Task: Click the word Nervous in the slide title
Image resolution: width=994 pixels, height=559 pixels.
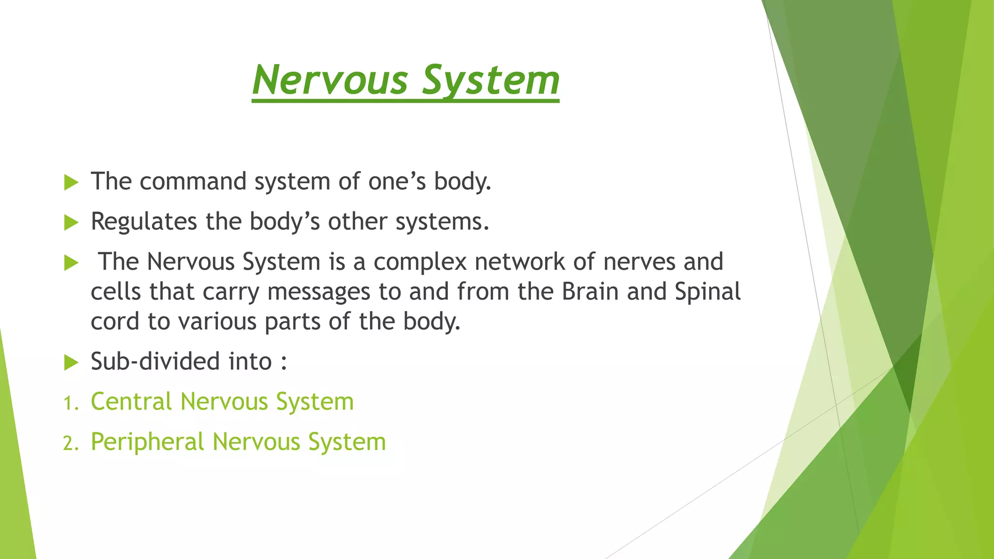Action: pyautogui.click(x=330, y=80)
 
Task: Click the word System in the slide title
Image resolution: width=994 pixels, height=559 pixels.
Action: pyautogui.click(x=490, y=80)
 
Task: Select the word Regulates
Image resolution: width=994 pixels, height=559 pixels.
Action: pyautogui.click(x=144, y=222)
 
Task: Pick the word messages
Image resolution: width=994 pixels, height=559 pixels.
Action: pyautogui.click(x=318, y=292)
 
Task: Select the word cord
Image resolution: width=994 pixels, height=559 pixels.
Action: pyautogui.click(x=115, y=322)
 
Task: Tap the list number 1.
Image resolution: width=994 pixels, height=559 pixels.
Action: pyautogui.click(x=70, y=403)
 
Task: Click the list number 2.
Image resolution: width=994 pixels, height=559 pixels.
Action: pyautogui.click(x=70, y=443)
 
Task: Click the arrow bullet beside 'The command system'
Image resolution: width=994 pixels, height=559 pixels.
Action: pyautogui.click(x=71, y=183)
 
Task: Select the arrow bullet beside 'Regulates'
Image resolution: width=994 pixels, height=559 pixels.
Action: pyautogui.click(x=71, y=223)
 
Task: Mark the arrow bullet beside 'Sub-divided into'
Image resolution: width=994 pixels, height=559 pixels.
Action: pyautogui.click(x=71, y=362)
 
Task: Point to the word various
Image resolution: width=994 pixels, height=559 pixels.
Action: pyautogui.click(x=217, y=322)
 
